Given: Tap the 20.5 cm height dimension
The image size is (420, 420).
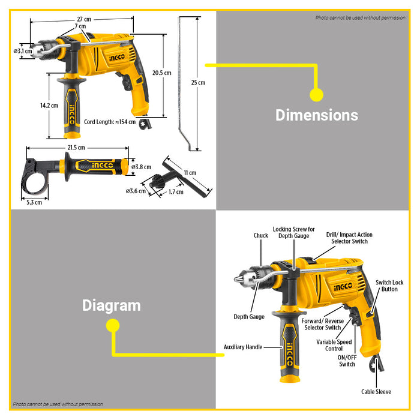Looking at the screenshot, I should coord(162,73).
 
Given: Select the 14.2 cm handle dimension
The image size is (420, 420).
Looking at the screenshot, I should coord(49,106).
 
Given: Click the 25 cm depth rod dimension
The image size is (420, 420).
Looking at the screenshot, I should coord(198,83).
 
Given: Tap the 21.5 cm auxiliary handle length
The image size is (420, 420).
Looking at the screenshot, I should coord(76,148).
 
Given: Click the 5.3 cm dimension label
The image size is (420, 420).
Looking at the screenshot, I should coord(34,202).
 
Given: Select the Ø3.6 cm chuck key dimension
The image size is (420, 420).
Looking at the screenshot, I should coord(136,191).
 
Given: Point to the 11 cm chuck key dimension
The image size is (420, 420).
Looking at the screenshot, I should coord(190,173).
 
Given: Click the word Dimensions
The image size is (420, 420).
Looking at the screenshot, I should coord(316,115).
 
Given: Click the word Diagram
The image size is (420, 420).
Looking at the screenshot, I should coord(111,305).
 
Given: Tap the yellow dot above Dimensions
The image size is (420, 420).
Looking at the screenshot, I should coord(316,94).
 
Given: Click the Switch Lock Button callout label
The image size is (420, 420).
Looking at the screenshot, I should coord(389,286).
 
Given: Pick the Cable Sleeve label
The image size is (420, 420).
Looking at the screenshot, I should coord(376,392).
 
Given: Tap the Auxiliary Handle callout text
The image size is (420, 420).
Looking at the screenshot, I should coord(243,347).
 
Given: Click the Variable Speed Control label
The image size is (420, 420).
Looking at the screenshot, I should coord(334,346).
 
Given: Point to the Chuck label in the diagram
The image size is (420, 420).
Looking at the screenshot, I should coord(260,236).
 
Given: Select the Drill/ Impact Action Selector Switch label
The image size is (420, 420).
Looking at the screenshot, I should coord(349,238).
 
